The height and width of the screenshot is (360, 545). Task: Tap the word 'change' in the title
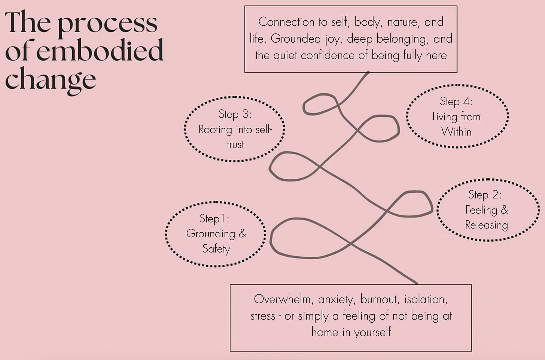pyautogui.click(x=51, y=80)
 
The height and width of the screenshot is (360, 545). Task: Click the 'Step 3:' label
pyautogui.click(x=235, y=114)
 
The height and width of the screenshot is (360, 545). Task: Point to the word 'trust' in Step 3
pyautogui.click(x=235, y=145)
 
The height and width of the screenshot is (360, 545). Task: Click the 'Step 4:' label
pyautogui.click(x=456, y=101)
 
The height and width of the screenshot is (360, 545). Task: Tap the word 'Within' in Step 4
pyautogui.click(x=456, y=132)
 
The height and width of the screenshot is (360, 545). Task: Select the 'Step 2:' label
pyautogui.click(x=485, y=195)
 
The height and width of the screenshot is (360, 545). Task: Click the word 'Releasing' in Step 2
pyautogui.click(x=486, y=225)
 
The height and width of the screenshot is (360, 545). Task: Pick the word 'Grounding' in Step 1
pyautogui.click(x=210, y=234)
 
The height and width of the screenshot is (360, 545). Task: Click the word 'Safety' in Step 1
pyautogui.click(x=216, y=249)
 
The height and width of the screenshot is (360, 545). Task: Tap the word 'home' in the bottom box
pyautogui.click(x=325, y=332)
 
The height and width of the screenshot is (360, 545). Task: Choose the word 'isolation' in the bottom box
pyautogui.click(x=426, y=299)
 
